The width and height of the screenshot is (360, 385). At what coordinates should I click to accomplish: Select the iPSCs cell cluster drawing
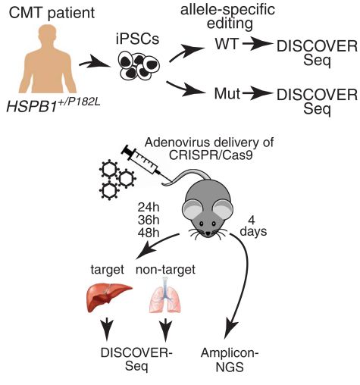pyautogui.click(x=139, y=66)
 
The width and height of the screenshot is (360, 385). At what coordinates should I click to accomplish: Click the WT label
pyautogui.click(x=227, y=44)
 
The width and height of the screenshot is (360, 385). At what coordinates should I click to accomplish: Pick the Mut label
pyautogui.click(x=227, y=93)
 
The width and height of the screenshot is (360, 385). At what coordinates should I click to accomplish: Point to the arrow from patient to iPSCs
pyautogui.click(x=95, y=64)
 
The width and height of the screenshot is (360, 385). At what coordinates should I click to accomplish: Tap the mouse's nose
pyautogui.click(x=208, y=233)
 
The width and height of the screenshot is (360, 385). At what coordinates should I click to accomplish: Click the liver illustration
pyautogui.click(x=109, y=297)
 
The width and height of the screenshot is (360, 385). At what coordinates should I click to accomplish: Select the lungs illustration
pyautogui.click(x=165, y=295)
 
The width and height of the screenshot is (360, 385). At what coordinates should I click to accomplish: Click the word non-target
pyautogui.click(x=165, y=270)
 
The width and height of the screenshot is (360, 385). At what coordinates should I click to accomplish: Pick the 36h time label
pyautogui.click(x=149, y=220)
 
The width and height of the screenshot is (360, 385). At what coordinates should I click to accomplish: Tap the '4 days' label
pyautogui.click(x=253, y=226)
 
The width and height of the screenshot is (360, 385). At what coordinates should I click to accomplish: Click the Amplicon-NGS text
pyautogui.click(x=230, y=360)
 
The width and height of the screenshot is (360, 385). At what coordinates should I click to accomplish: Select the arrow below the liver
pyautogui.click(x=107, y=329)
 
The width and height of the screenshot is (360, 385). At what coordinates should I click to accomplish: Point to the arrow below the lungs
pyautogui.click(x=166, y=329)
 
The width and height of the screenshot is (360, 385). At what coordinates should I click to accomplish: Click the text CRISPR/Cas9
pyautogui.click(x=211, y=155)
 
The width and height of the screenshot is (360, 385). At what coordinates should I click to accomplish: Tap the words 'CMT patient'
pyautogui.click(x=52, y=13)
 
